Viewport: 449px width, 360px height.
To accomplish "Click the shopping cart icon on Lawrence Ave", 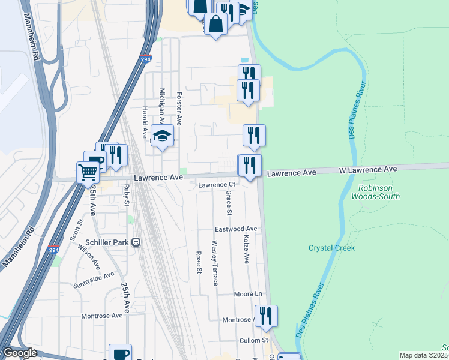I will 89,173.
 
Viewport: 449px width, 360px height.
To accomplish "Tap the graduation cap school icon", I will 162,136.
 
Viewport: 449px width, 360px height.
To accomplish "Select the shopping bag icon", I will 215,25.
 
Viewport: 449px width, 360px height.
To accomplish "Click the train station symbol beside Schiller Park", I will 136,242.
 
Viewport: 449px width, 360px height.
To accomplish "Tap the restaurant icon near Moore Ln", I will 266,316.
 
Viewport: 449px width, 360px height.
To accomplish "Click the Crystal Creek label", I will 331,248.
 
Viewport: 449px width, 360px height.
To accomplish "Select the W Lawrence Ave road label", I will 368,170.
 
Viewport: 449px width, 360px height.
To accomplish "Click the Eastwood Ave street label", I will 236,229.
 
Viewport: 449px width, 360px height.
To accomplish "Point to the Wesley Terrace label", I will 214,263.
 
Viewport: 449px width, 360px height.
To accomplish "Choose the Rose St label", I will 199,262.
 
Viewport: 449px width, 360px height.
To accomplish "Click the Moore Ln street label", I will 249,294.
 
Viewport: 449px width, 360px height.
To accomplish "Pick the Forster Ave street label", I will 178,109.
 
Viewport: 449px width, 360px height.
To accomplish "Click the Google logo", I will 20,353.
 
